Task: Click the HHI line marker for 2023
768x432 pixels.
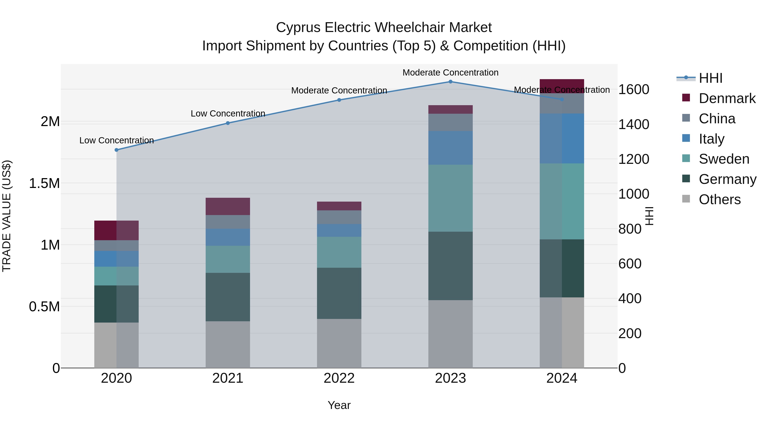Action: click(451, 82)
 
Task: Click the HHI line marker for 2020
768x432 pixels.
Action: click(116, 150)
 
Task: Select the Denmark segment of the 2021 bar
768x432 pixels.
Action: click(228, 206)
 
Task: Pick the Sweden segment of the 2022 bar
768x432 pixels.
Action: click(339, 252)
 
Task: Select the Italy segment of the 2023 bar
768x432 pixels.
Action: click(451, 148)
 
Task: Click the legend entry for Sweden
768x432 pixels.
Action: click(724, 159)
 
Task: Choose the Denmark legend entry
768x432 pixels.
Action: click(727, 98)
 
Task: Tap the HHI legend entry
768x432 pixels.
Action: click(710, 78)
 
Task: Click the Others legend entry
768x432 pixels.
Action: click(719, 199)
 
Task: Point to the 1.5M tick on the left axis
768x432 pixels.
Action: click(44, 183)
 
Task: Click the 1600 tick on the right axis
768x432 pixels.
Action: click(634, 89)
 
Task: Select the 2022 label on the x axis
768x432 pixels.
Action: click(339, 378)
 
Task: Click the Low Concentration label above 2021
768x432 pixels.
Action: click(228, 113)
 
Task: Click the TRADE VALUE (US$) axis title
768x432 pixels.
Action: click(7, 216)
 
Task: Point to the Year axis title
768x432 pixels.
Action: click(339, 405)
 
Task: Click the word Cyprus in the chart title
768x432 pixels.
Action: click(298, 28)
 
